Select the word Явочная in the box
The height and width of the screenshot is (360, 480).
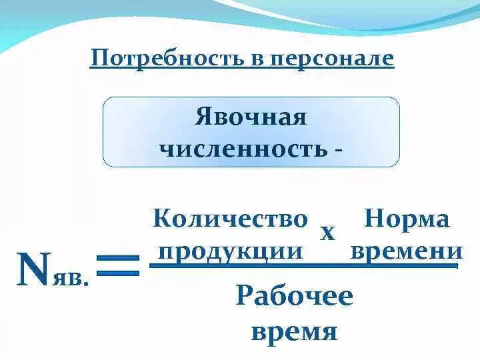(x=251, y=117)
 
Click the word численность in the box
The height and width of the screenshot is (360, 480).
(x=242, y=148)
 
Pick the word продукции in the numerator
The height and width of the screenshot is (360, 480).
(x=231, y=251)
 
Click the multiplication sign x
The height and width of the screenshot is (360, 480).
(x=327, y=233)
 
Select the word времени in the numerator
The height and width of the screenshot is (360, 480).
(x=406, y=251)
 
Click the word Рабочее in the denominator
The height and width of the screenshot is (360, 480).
(x=294, y=295)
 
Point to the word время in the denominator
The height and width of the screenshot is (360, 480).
(x=294, y=330)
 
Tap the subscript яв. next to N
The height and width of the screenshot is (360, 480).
(x=69, y=277)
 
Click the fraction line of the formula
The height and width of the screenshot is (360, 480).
(x=303, y=265)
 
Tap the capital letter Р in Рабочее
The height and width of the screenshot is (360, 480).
(x=244, y=295)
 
